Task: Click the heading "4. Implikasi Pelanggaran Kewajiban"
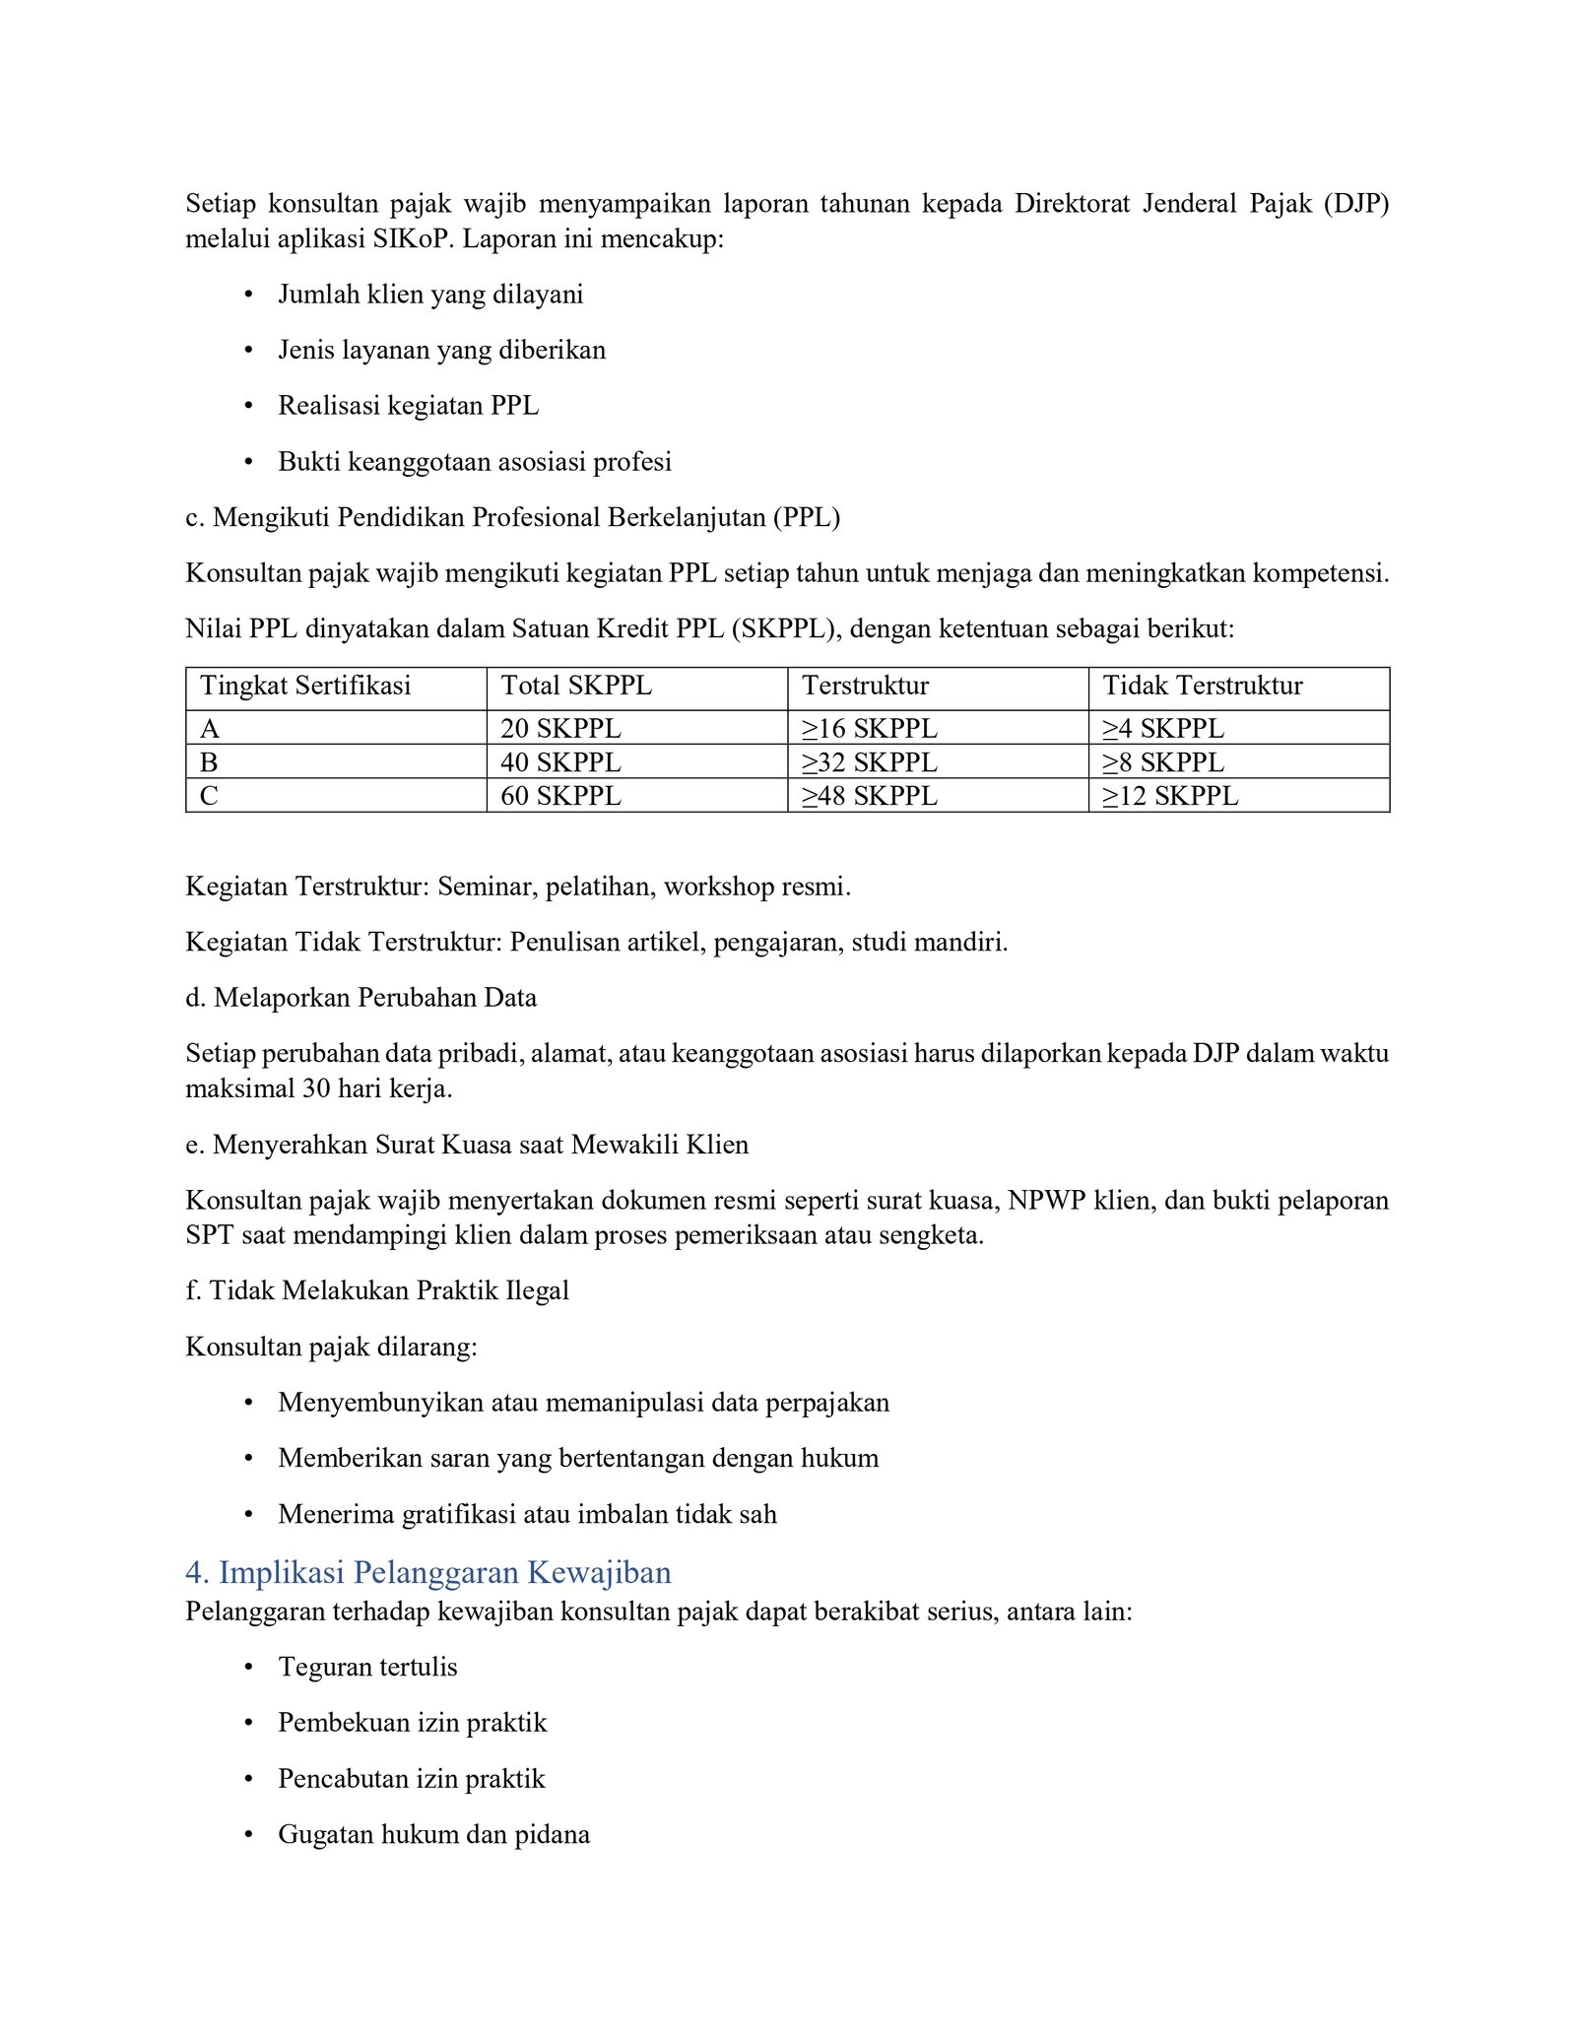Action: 427,1572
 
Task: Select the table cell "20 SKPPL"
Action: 560,729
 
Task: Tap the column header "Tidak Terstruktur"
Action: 1202,686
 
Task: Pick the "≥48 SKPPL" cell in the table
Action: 869,796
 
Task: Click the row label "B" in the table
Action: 209,762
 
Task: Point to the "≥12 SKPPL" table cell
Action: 1169,796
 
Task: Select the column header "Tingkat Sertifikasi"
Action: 305,686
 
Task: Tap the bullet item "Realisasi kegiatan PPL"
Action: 408,406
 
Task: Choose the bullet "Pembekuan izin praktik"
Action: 412,1723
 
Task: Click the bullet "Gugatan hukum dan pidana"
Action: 433,1834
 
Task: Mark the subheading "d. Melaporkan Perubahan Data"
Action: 361,998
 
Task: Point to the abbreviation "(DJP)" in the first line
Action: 1356,204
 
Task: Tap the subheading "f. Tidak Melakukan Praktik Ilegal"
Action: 377,1290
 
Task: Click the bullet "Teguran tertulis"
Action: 367,1667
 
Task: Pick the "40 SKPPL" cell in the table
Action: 560,762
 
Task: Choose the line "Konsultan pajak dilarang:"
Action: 331,1347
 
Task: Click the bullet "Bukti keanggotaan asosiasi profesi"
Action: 475,462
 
